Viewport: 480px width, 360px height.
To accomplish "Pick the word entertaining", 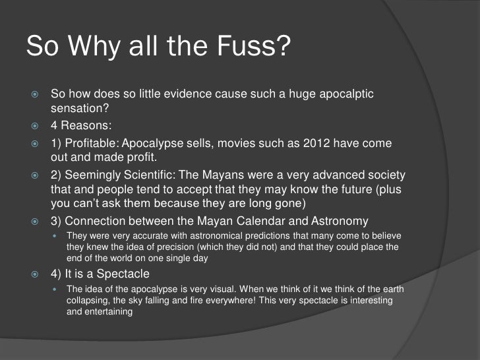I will point(109,312).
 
